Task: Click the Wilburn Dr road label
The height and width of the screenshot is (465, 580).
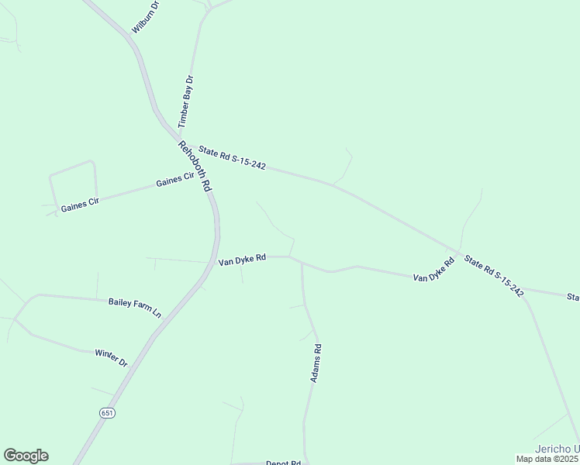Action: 145,16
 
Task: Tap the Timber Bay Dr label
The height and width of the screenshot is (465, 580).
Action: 185,102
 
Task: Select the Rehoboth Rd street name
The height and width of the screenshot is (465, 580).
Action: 195,166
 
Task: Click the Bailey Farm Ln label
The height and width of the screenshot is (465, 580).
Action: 134,307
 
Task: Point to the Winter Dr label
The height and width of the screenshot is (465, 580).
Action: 111,357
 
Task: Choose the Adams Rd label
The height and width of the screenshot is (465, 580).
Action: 316,363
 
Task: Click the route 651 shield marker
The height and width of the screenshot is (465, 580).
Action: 107,413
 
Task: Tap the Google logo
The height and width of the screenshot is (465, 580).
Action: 26,456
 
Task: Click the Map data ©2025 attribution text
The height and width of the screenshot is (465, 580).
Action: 547,459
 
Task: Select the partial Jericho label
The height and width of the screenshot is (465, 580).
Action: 557,449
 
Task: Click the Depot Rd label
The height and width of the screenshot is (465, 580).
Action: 283,463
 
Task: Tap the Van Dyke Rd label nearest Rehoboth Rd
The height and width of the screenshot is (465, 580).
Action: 242,260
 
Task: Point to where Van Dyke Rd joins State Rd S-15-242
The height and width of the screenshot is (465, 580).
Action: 459,252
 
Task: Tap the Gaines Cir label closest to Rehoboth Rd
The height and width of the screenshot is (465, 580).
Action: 174,181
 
